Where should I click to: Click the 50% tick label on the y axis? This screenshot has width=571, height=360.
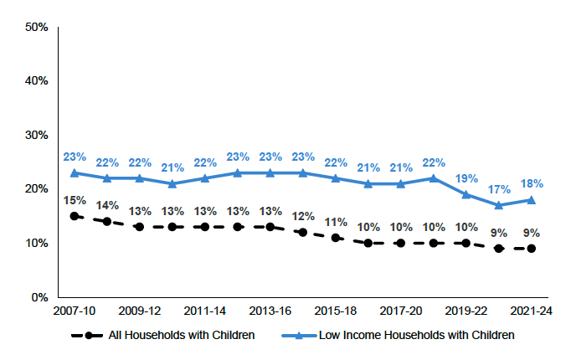click(36, 28)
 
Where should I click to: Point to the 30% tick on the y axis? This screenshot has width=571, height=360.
click(36, 136)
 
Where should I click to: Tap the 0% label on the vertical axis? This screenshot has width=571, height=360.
click(39, 297)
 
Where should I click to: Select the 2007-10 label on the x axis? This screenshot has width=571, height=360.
click(75, 311)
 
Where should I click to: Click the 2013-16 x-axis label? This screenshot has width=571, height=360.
click(270, 311)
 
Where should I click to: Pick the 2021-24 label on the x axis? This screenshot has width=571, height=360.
click(532, 311)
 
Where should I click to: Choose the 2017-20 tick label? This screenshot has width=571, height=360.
click(401, 311)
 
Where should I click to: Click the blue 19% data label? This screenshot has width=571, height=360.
click(466, 178)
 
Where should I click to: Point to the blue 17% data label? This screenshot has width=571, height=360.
click(499, 189)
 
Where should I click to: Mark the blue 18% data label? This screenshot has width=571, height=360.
click(532, 183)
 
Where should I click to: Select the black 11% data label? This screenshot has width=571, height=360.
click(336, 222)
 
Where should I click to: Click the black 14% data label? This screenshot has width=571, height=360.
click(107, 205)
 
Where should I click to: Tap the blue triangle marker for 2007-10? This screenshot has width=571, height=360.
click(75, 172)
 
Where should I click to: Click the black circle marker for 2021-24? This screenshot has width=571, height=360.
click(532, 249)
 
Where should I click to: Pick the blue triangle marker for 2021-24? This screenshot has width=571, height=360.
click(532, 199)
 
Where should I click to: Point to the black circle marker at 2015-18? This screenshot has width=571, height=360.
click(336, 238)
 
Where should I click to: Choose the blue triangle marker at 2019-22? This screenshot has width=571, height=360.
click(466, 194)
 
